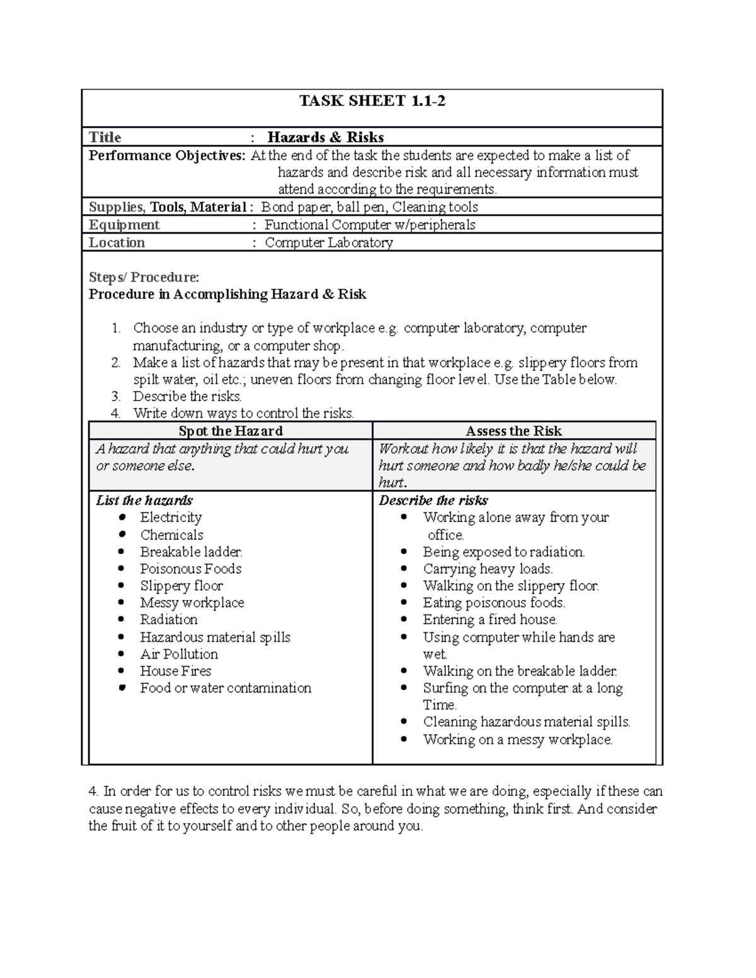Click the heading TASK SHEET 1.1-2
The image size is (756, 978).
coord(372,101)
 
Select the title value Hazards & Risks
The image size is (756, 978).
coord(325,137)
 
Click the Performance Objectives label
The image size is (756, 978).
coord(167,156)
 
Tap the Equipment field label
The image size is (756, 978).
coord(124,225)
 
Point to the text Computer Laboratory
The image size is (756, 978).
coord(328,242)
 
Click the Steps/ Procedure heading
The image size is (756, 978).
coord(144,277)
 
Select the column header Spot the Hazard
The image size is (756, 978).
coord(231,431)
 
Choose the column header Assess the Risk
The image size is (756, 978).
coord(513,431)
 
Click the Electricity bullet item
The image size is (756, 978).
coord(171,517)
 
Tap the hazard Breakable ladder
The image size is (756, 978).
coord(191,552)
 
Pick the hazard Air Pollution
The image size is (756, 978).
coord(179,654)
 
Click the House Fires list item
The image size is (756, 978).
coord(175,671)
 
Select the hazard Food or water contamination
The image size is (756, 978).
coord(226,688)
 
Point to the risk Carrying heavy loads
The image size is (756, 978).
coord(488,569)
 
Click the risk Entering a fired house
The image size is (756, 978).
coord(490,620)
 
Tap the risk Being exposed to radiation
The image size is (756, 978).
coord(503,552)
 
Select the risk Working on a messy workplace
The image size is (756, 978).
coord(517,739)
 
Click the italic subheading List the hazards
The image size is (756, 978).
coord(144,500)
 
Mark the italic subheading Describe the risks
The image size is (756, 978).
coord(433,500)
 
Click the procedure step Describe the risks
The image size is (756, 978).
coord(187,396)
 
